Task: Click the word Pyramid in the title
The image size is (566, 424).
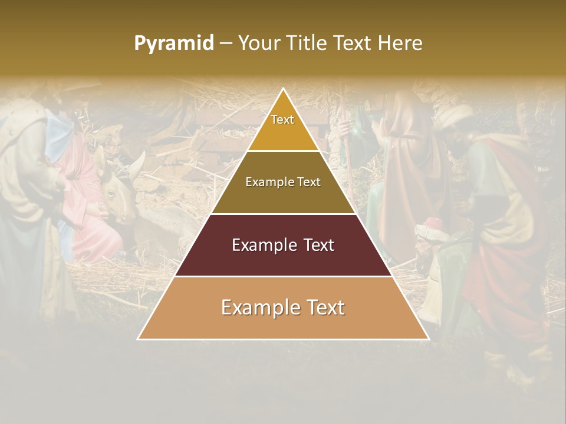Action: point(173,44)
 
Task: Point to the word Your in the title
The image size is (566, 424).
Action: point(259,44)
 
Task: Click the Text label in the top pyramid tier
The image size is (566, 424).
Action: point(282,120)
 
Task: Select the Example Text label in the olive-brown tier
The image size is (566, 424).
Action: point(283,182)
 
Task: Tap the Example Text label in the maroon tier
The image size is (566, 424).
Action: point(283,245)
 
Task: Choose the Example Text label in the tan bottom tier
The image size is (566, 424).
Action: point(283,307)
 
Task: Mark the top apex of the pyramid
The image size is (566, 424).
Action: point(284,88)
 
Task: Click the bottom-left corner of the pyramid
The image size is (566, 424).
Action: point(138,339)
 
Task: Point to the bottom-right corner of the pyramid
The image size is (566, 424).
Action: point(429,339)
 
